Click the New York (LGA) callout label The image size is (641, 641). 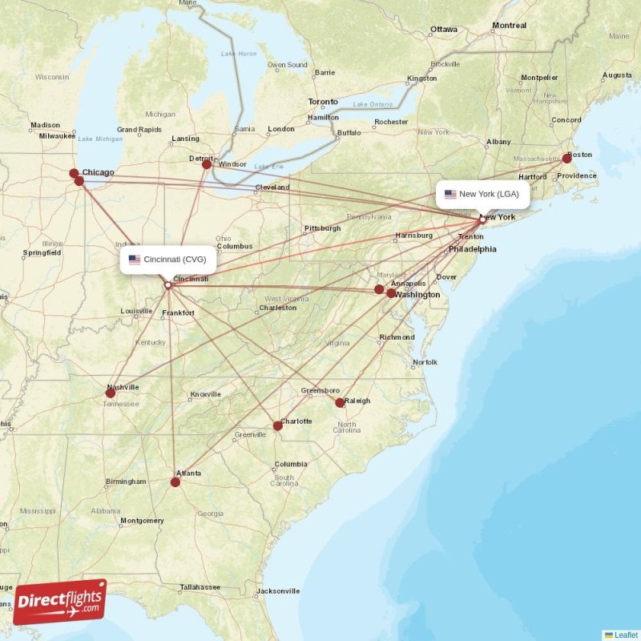click(482, 194)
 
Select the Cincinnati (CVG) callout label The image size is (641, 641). click(168, 260)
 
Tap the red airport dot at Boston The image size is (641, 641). click(566, 159)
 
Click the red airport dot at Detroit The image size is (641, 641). click(207, 163)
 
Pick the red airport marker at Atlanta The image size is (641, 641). click(175, 482)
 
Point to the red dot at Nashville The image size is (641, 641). click(111, 393)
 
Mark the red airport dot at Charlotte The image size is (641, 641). click(277, 425)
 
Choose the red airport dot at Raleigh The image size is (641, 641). click(340, 402)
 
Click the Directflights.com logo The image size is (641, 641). click(60, 603)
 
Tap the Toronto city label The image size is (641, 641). click(323, 102)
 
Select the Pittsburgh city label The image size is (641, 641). click(322, 228)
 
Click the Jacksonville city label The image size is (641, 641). click(277, 591)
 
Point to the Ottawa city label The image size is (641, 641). click(443, 30)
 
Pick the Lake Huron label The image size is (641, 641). click(239, 54)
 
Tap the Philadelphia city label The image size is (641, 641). click(472, 249)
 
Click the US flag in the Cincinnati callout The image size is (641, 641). click(135, 260)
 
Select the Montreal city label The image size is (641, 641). click(509, 26)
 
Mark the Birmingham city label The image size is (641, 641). click(126, 482)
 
